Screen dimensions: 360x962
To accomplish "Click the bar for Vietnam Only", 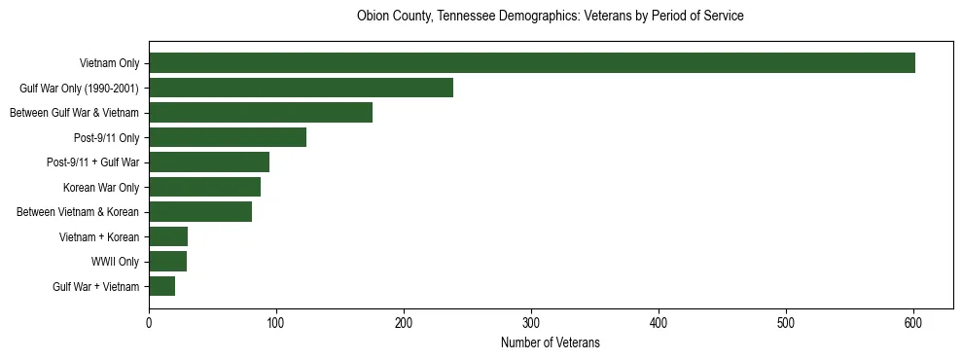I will coord(532,63).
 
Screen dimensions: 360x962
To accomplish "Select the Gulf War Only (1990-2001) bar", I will coord(301,88).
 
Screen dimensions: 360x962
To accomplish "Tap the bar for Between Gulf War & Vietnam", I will coord(261,113).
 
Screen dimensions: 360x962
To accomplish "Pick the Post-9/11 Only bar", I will coord(228,137).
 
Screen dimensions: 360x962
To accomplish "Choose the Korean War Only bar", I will coord(204,187).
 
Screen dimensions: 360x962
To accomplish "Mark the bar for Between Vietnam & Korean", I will coord(200,212).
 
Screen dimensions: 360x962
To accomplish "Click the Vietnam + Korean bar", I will coord(168,236).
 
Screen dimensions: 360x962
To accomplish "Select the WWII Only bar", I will coord(167,262).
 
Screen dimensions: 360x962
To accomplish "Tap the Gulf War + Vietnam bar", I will coord(161,286).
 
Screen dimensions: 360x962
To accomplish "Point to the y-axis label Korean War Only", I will coord(101,187).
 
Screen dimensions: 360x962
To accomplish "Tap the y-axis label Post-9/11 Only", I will coord(107,137).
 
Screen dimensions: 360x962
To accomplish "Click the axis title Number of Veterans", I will coord(550,342).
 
